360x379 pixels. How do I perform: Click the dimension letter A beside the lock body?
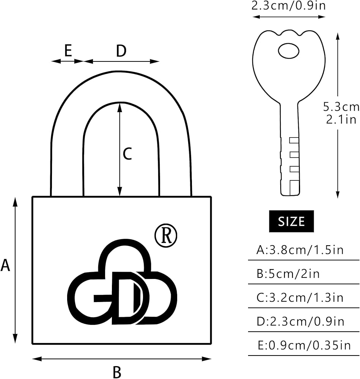(x=5, y=265)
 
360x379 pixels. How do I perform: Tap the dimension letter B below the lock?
(x=117, y=371)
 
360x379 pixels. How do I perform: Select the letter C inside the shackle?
(x=127, y=154)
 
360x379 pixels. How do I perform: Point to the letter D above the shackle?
(x=121, y=51)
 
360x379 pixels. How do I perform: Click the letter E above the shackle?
(x=68, y=51)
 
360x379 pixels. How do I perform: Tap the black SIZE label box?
(x=291, y=221)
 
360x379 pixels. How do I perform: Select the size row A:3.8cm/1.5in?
(x=300, y=250)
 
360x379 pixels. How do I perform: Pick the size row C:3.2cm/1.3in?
(x=300, y=298)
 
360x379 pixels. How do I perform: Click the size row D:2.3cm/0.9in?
(x=300, y=321)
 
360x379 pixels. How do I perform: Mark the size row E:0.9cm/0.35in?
(x=303, y=345)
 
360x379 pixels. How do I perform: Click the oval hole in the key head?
(x=289, y=50)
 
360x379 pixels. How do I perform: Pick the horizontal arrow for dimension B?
(x=121, y=359)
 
